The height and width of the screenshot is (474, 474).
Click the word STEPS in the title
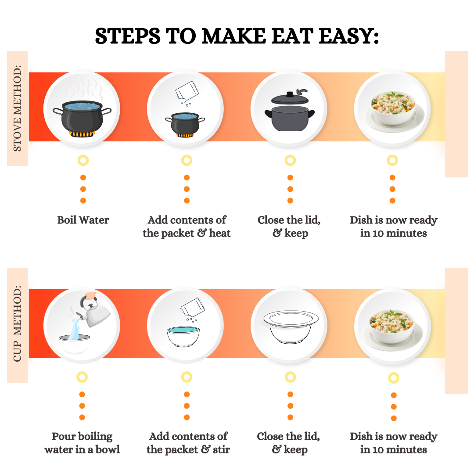click(x=128, y=36)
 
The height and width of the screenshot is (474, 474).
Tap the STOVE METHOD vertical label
click(x=17, y=108)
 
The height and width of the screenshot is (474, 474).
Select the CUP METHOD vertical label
click(x=17, y=323)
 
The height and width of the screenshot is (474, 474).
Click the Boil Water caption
click(x=83, y=220)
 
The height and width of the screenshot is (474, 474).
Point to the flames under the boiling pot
click(x=82, y=133)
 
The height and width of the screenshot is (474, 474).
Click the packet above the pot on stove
click(x=187, y=91)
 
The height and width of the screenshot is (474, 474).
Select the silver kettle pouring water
click(x=95, y=313)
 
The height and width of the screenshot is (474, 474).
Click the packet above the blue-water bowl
click(x=193, y=308)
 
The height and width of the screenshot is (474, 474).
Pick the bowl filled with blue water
click(x=183, y=336)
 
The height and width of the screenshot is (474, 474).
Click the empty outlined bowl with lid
click(x=291, y=327)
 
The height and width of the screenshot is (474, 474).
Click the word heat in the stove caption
click(x=220, y=233)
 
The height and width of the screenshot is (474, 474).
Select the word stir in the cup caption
click(x=221, y=450)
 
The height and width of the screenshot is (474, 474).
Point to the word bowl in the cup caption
click(x=108, y=450)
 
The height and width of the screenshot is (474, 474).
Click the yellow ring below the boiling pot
click(x=83, y=160)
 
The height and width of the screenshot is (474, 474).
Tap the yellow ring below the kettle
click(x=82, y=377)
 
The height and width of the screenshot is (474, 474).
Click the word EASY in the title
click(x=346, y=36)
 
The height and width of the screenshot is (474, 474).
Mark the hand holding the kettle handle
click(x=91, y=295)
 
